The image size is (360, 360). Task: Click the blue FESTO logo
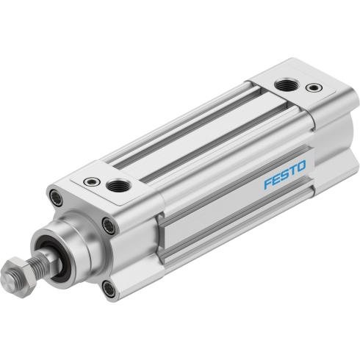(285, 175)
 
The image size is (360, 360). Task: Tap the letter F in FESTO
(268, 184)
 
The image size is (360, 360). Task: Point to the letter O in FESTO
(301, 166)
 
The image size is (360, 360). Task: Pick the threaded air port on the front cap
(119, 185)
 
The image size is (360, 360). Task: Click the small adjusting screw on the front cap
(92, 181)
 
